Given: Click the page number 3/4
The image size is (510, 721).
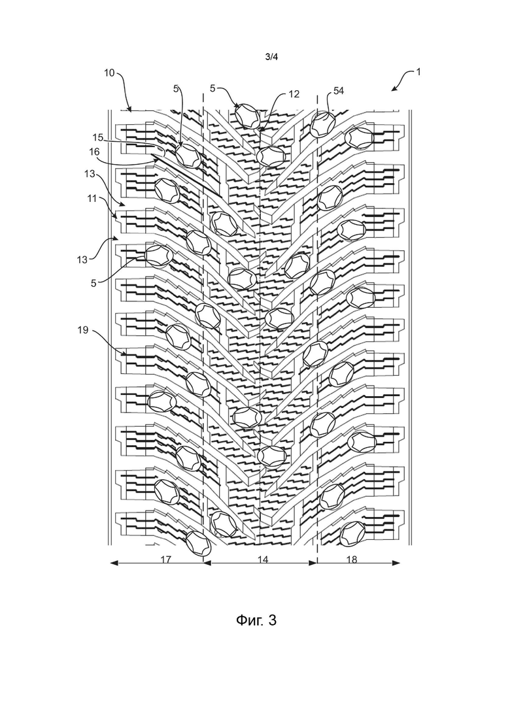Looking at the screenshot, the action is (x=271, y=57).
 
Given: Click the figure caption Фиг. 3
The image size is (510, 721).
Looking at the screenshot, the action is (x=256, y=620).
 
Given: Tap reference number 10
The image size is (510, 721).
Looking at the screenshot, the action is (x=109, y=73).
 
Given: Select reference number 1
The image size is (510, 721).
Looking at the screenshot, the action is (x=418, y=72).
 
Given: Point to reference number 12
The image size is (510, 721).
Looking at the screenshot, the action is (x=294, y=94).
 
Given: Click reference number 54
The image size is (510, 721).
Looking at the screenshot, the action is (x=339, y=91).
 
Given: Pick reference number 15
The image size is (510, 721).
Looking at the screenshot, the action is (x=97, y=137).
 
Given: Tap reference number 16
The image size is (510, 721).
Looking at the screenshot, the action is (x=93, y=151).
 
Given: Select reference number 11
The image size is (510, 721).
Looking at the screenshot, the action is (x=92, y=198).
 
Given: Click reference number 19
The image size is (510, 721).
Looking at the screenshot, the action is (x=83, y=330).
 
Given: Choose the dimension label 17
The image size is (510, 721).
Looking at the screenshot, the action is (x=165, y=559).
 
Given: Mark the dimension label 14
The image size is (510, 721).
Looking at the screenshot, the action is (x=263, y=559).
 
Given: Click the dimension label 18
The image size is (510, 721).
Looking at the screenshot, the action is (x=351, y=559).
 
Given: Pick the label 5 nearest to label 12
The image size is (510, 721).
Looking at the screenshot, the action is (x=212, y=88).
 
